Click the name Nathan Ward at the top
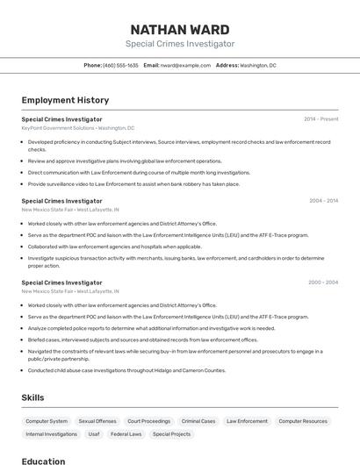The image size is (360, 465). click(x=180, y=30)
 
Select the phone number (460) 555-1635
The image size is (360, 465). click(x=120, y=65)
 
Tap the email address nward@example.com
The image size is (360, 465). click(x=178, y=65)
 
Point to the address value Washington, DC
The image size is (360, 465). click(x=258, y=65)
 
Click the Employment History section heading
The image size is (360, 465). click(x=65, y=100)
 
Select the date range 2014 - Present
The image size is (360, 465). click(x=320, y=118)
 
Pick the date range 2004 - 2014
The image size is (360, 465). click(x=323, y=201)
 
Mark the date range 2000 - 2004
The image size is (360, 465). click(x=323, y=283)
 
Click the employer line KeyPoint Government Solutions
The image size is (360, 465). click(x=58, y=128)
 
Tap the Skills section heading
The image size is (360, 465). click(x=33, y=397)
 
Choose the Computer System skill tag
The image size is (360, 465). click(x=47, y=421)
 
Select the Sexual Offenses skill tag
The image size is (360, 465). click(x=97, y=421)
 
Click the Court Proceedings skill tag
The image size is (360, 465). click(x=148, y=421)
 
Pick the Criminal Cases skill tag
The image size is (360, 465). click(x=198, y=421)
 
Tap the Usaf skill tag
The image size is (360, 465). click(x=94, y=434)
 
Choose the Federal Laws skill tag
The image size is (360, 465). click(x=126, y=434)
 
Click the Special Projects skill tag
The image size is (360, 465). click(x=171, y=434)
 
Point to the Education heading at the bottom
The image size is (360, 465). click(x=44, y=461)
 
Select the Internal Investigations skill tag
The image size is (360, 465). click(x=52, y=434)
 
